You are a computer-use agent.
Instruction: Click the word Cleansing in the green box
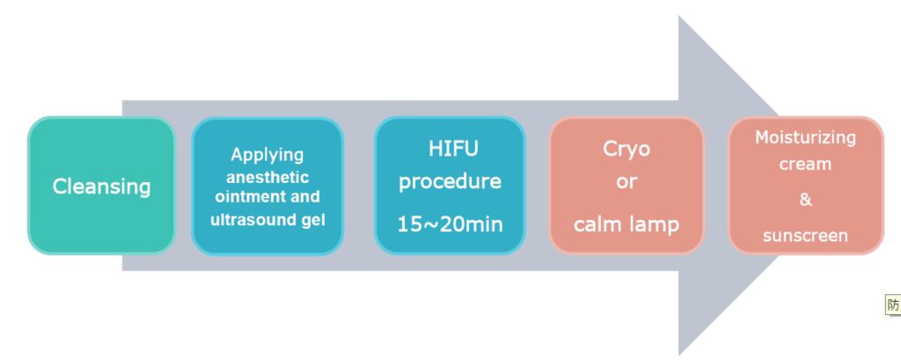click(x=102, y=187)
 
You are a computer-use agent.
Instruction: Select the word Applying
click(x=267, y=155)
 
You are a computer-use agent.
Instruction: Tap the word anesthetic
click(x=267, y=177)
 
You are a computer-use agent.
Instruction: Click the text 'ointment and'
click(x=267, y=196)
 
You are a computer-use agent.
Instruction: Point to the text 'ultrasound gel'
click(x=267, y=220)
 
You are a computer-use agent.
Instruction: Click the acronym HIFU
click(x=453, y=149)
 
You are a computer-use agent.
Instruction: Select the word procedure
click(x=450, y=182)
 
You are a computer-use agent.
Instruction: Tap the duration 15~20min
click(x=450, y=224)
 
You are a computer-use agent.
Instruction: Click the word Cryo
click(x=626, y=150)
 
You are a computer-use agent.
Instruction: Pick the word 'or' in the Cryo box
click(x=626, y=181)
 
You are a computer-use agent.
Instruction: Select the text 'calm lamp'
click(x=626, y=224)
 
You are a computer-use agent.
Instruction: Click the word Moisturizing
click(x=805, y=137)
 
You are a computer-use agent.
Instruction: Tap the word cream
click(x=805, y=165)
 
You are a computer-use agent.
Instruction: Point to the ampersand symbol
click(x=806, y=200)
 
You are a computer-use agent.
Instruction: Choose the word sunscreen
click(x=805, y=236)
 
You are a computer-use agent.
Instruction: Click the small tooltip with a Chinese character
click(x=892, y=305)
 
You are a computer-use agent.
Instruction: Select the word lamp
click(x=654, y=224)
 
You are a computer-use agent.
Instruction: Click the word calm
click(x=597, y=224)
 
